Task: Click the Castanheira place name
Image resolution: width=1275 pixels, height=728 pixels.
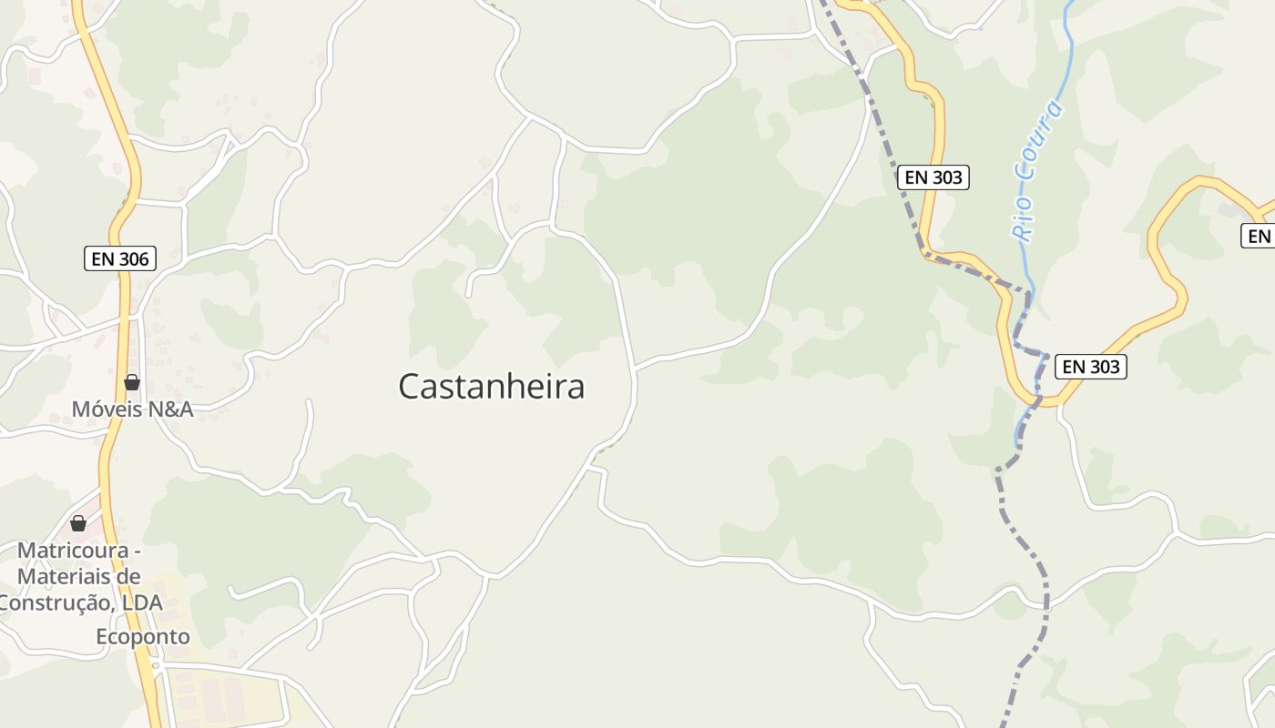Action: click(x=491, y=387)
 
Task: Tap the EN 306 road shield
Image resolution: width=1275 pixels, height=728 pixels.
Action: click(x=120, y=258)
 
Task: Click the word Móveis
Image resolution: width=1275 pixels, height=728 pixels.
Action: click(x=107, y=409)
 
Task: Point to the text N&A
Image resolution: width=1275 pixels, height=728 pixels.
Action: click(x=171, y=409)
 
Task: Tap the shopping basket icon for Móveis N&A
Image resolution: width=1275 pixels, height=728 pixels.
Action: click(x=132, y=382)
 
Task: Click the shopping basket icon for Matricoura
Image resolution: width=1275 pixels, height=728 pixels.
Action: click(x=78, y=523)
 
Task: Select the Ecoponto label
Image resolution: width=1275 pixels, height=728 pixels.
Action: click(x=143, y=637)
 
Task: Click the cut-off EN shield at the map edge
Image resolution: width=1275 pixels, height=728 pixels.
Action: click(x=1258, y=237)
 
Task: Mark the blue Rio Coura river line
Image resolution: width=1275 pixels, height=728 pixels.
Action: click(x=1067, y=55)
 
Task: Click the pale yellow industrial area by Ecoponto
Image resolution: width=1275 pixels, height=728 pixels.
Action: click(x=228, y=696)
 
